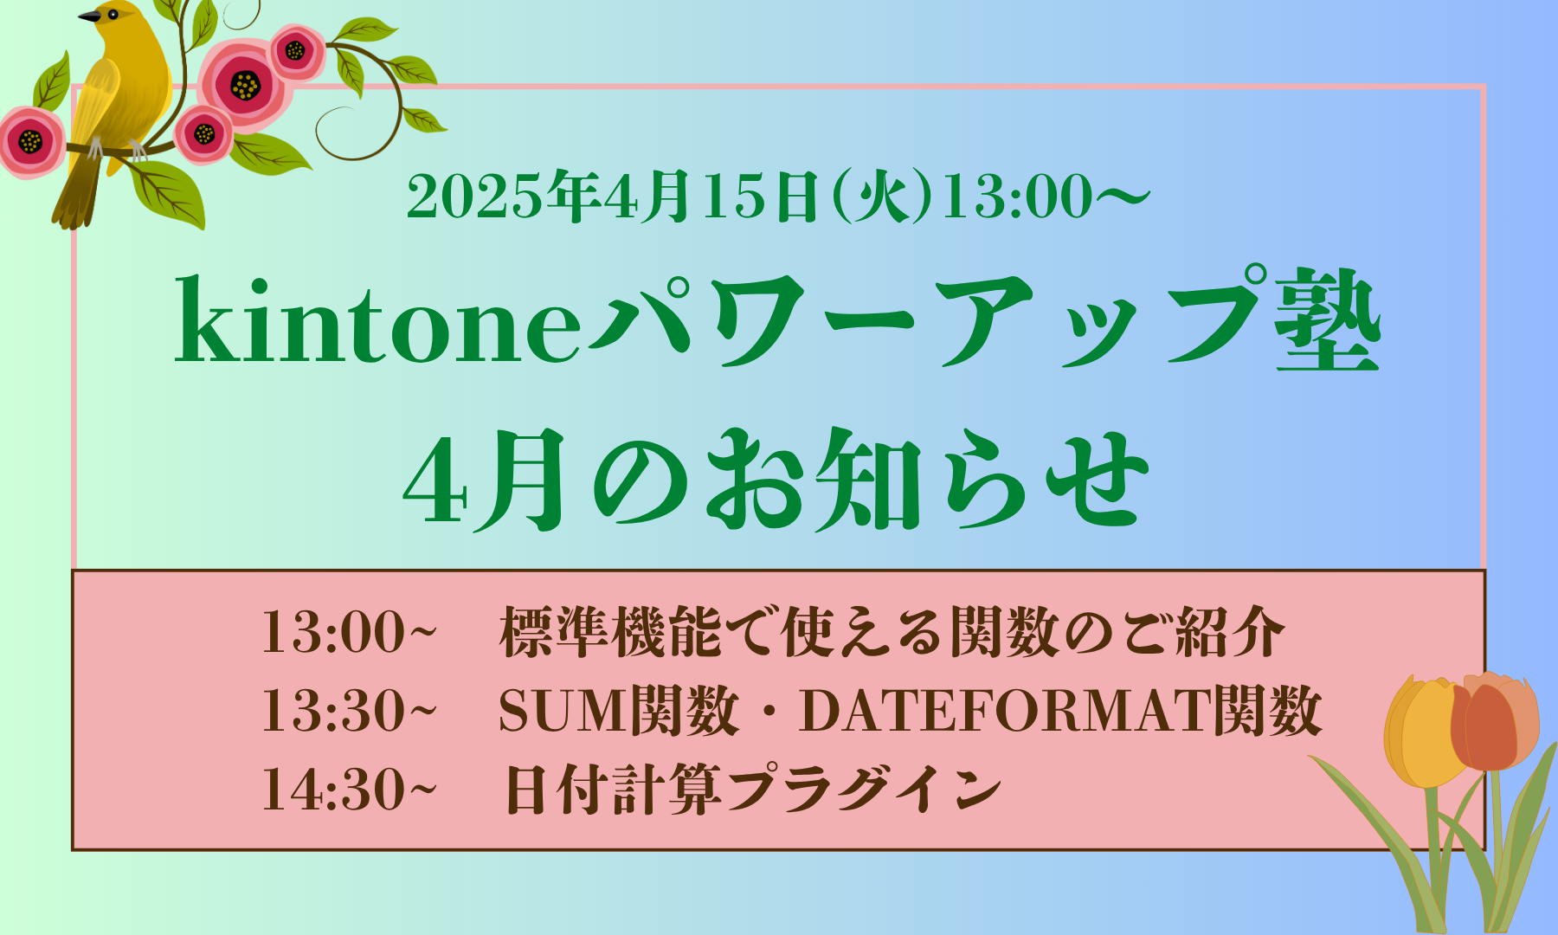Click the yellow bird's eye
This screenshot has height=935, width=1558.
pos(113,14)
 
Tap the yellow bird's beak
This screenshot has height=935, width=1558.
pos(88,16)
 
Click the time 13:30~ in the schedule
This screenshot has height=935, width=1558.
pos(349,711)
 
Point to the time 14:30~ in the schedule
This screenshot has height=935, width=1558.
pos(349,790)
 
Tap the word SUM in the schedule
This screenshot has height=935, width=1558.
pos(563,711)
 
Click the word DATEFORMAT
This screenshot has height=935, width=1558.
pos(1005,711)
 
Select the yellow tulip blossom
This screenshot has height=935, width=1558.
pos(1420,732)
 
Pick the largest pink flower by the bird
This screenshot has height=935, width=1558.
pos(245,85)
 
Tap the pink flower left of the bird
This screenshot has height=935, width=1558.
pos(30,141)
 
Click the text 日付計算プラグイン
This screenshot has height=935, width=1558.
pos(752,790)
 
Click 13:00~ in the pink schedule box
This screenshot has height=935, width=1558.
pos(349,632)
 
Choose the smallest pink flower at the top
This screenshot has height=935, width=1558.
pos(204,134)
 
